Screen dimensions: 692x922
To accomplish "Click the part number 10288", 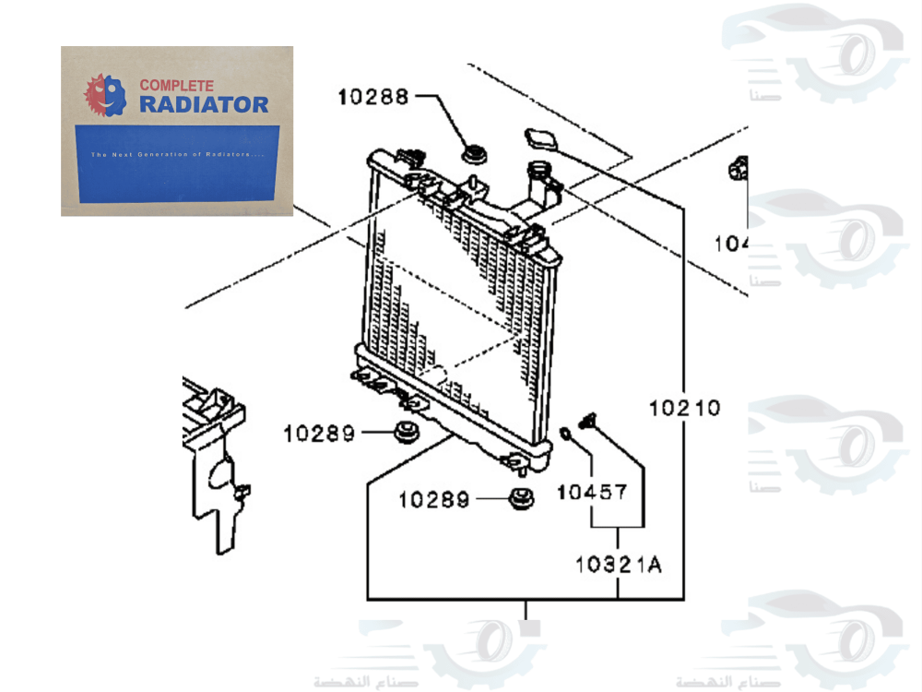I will click(372, 96).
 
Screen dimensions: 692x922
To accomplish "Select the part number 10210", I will click(683, 407).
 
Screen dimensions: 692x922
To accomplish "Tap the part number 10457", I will click(591, 492).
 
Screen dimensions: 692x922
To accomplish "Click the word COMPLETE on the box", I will click(177, 85).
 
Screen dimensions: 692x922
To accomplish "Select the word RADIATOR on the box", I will click(204, 104).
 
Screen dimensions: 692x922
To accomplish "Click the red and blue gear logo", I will click(104, 95).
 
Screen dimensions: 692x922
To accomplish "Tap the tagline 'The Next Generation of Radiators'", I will click(177, 154).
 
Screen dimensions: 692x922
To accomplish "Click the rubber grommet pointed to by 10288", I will click(475, 153).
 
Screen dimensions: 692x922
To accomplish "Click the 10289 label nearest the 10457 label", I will click(433, 500).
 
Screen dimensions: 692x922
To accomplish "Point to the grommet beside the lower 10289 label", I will click(523, 498).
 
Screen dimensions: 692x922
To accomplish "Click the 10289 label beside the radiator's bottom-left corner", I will click(318, 433).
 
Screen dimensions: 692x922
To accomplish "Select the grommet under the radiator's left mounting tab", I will click(403, 431).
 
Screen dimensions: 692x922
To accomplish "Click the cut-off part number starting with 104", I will click(730, 244).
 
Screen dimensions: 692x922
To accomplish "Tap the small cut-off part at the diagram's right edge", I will click(738, 169).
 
